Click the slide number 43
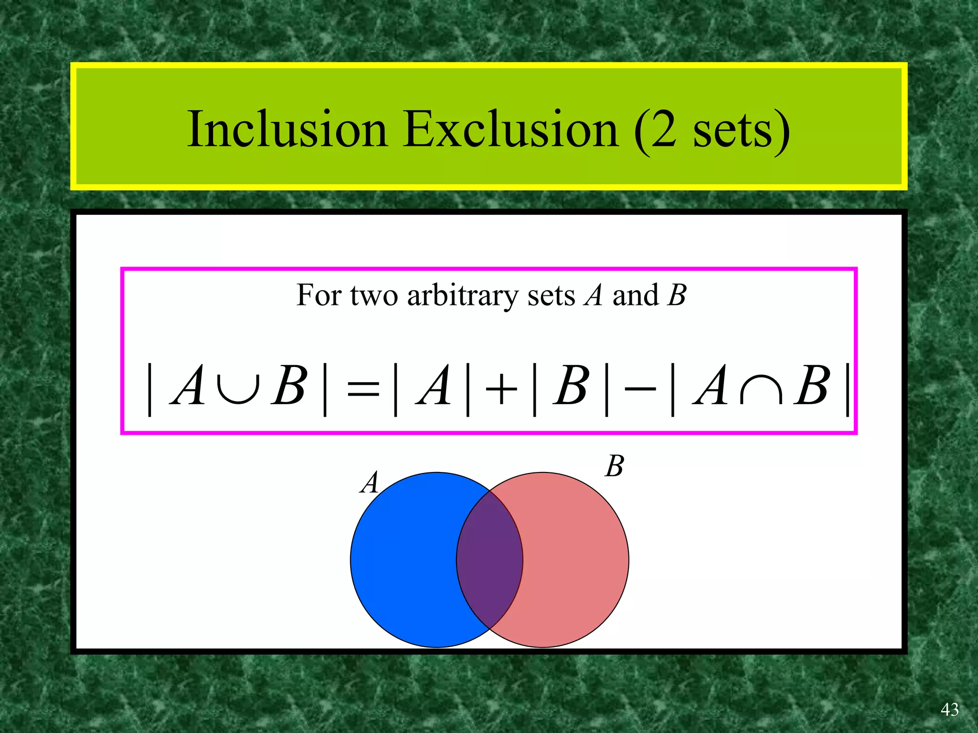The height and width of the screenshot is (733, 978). click(x=949, y=710)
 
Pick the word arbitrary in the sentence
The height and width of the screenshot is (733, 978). click(x=462, y=296)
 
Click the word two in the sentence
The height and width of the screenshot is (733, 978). click(x=374, y=296)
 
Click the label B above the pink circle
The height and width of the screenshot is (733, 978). click(x=615, y=466)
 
